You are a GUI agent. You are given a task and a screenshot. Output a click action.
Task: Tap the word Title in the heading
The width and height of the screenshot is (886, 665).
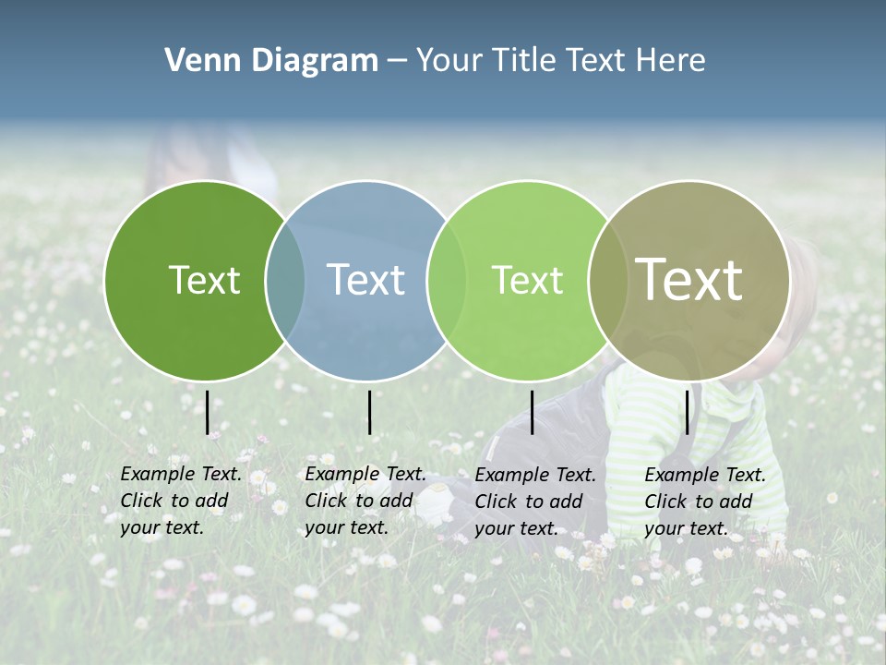tap(523, 61)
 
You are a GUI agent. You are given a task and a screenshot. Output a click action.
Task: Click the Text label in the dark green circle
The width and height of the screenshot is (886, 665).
tap(204, 280)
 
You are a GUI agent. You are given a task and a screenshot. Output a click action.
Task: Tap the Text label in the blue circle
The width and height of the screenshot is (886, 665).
tap(365, 280)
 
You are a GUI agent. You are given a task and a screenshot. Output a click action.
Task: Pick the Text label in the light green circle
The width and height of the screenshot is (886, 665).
tap(527, 280)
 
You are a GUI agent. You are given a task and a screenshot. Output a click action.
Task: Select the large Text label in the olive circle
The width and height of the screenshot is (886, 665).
tap(689, 280)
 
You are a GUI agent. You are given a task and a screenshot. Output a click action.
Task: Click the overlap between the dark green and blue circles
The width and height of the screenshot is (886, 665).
tap(285, 281)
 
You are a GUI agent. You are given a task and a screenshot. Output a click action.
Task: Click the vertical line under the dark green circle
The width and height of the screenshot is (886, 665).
tap(208, 412)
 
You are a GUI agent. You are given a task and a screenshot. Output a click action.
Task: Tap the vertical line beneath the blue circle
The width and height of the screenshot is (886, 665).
tap(369, 412)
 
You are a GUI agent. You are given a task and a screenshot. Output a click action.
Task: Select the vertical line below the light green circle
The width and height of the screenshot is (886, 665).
tap(533, 412)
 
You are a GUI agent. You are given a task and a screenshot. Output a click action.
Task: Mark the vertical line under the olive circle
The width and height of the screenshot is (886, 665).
tap(688, 412)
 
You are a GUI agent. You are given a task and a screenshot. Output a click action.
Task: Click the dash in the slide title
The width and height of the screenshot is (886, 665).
tap(397, 62)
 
